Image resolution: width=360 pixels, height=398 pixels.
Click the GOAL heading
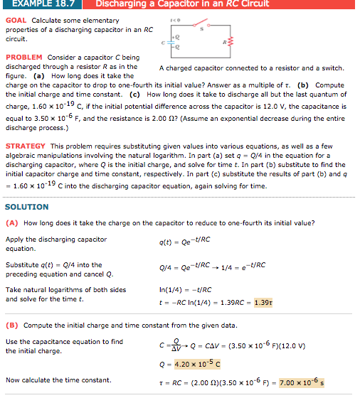[16, 20]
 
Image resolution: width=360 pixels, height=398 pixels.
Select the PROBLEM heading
[24, 57]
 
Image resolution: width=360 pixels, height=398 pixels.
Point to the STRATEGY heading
[26, 145]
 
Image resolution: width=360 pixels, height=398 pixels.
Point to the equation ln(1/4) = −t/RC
[185, 289]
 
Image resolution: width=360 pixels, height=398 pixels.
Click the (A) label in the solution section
[12, 222]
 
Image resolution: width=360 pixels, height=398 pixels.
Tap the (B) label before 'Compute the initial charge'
[12, 326]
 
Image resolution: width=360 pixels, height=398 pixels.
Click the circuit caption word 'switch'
[334, 68]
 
